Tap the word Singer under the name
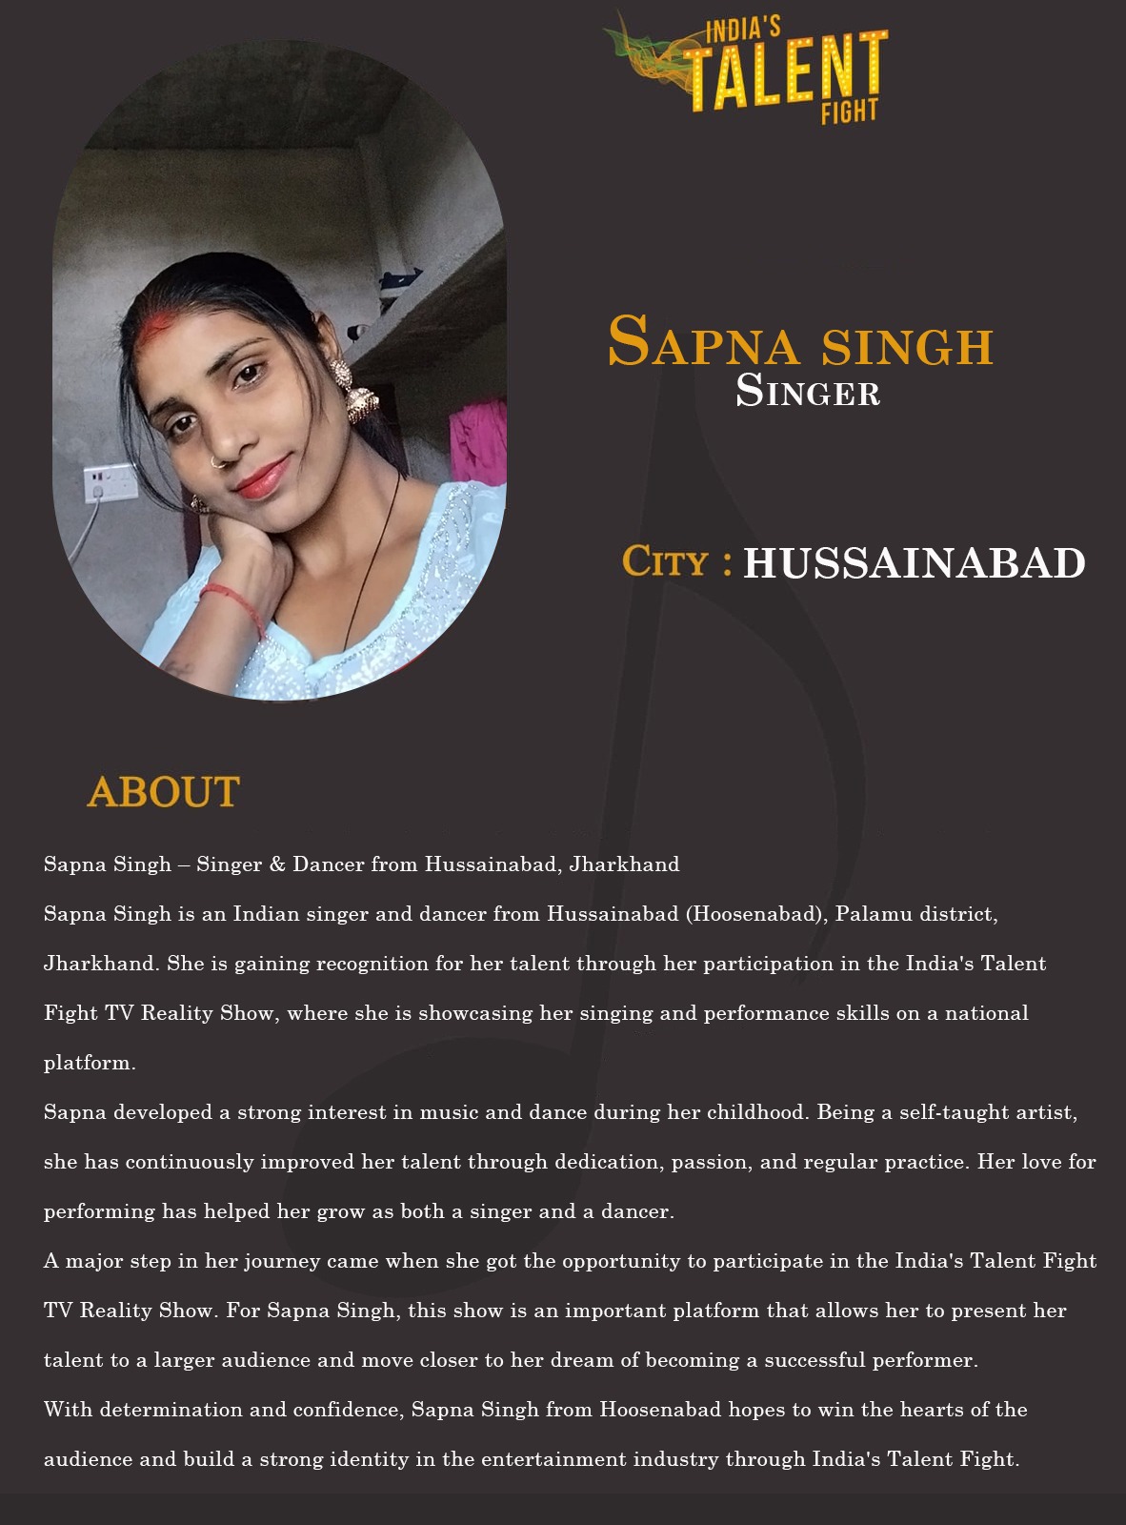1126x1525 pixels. pos(808,392)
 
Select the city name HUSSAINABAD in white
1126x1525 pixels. pos(914,563)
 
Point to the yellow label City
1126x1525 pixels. pos(665,561)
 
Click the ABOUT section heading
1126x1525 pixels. pos(163,792)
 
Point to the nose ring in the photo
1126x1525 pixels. pos(219,463)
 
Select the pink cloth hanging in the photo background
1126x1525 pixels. pos(479,442)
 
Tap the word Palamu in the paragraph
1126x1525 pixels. pos(870,914)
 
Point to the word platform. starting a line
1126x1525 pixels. pos(90,1063)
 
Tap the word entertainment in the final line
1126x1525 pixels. pos(553,1459)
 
